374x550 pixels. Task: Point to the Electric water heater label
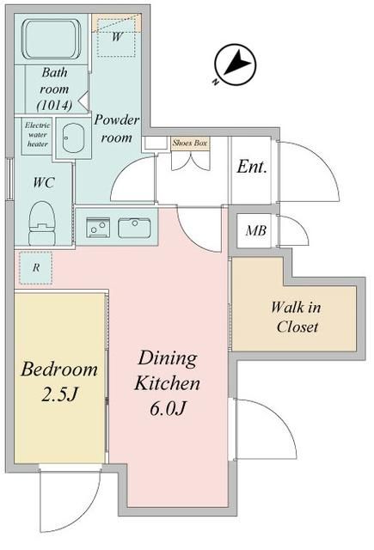pyautogui.click(x=36, y=134)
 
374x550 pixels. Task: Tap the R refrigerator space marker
pyautogui.click(x=36, y=267)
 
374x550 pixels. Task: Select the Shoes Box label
pyautogui.click(x=190, y=143)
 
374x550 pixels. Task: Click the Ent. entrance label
pyautogui.click(x=252, y=167)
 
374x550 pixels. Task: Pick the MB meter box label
pyautogui.click(x=255, y=230)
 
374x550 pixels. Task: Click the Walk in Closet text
pyautogui.click(x=297, y=316)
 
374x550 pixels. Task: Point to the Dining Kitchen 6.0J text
pyautogui.click(x=169, y=382)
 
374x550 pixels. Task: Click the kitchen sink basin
pyautogui.click(x=134, y=228)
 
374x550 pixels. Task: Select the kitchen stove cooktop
pyautogui.click(x=97, y=228)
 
